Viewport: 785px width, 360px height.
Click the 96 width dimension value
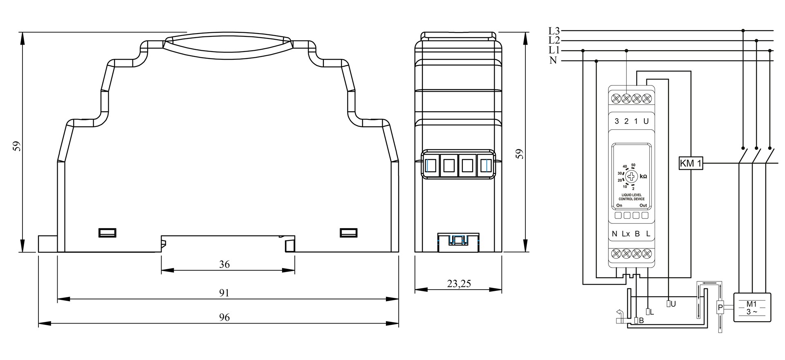(x=224, y=317)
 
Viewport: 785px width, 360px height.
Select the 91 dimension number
(x=224, y=293)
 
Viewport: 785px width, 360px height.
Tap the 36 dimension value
(x=224, y=264)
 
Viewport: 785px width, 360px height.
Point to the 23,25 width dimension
(x=459, y=283)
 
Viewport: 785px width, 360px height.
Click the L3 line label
(x=554, y=31)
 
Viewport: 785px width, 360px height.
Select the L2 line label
(x=554, y=40)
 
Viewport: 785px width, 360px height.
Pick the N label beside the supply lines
(x=553, y=61)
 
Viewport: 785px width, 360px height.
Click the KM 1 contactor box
(x=691, y=164)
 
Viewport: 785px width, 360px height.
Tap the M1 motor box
(x=752, y=307)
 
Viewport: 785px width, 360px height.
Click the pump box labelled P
(x=720, y=307)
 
